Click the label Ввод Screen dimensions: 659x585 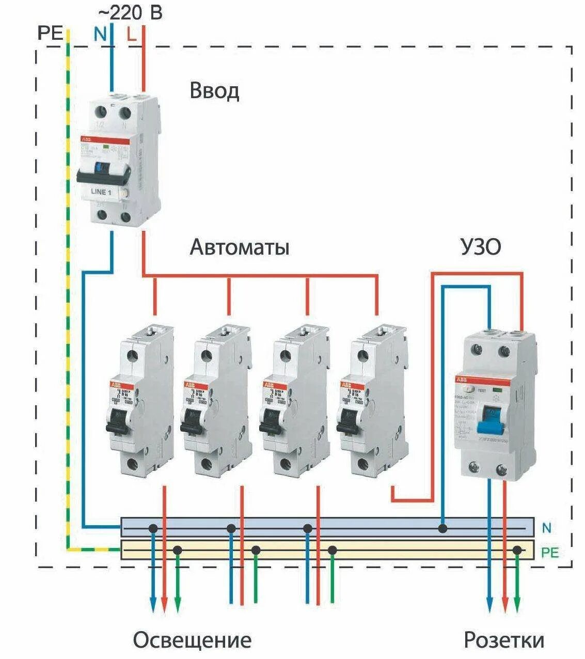coord(214,91)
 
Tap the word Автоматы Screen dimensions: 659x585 coord(239,247)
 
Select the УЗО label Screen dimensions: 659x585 coord(480,247)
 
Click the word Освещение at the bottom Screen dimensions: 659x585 coord(192,640)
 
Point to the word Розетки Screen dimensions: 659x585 coord(504,640)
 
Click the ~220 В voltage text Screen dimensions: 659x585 coord(130,12)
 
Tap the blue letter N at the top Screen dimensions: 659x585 coord(100,35)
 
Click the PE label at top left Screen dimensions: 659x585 coord(50,34)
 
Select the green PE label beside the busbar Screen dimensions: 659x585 coord(550,553)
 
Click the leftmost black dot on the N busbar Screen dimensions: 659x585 coord(153,528)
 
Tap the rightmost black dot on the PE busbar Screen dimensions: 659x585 coord(517,551)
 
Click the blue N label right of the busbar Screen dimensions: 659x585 coord(547,528)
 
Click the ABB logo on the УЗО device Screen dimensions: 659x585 coord(461,380)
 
